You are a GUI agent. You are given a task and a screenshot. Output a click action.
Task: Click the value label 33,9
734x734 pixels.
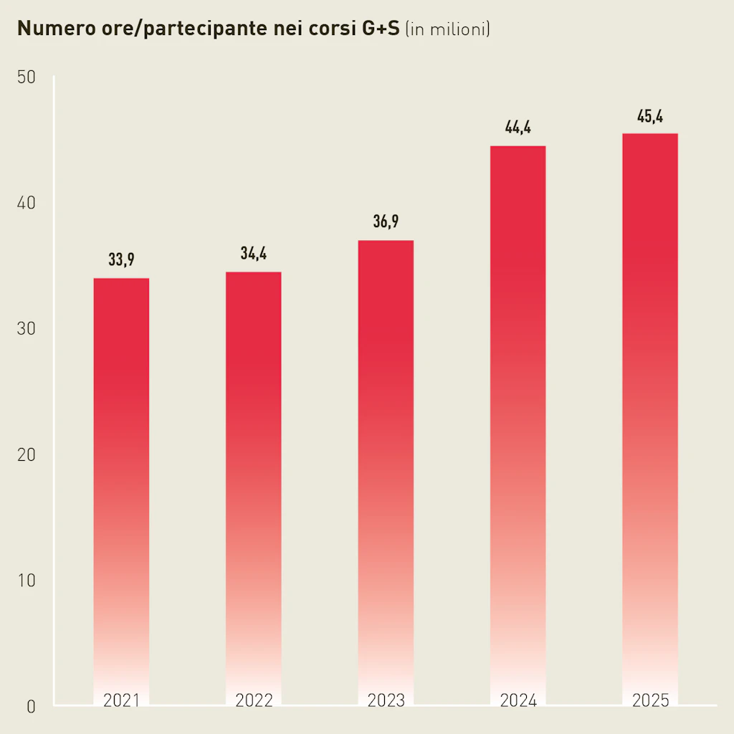[x=121, y=260]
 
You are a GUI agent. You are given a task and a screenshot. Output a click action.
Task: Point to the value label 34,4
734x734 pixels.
[x=253, y=254]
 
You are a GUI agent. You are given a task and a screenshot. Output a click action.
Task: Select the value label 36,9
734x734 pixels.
[x=386, y=222]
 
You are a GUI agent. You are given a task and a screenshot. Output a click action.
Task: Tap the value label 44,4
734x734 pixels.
[x=518, y=128]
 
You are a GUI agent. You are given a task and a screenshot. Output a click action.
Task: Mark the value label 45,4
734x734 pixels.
[x=649, y=116]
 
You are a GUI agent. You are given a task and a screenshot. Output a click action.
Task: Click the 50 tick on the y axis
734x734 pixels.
[x=26, y=77]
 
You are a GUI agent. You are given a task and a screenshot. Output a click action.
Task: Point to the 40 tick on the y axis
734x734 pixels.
[x=26, y=204]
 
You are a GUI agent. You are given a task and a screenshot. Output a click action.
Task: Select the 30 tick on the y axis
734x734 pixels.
[x=26, y=329]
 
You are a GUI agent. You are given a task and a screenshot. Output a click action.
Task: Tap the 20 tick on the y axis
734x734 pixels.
[x=26, y=455]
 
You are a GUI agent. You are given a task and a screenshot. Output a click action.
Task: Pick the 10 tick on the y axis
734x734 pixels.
[x=26, y=581]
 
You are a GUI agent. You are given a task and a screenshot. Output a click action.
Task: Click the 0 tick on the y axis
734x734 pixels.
[x=31, y=707]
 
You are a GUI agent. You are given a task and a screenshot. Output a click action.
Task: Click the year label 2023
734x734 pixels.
[x=386, y=700]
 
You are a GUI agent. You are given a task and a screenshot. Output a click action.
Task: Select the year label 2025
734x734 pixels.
[x=649, y=700]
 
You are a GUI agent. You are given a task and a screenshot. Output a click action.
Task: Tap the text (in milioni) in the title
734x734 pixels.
[x=447, y=29]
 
